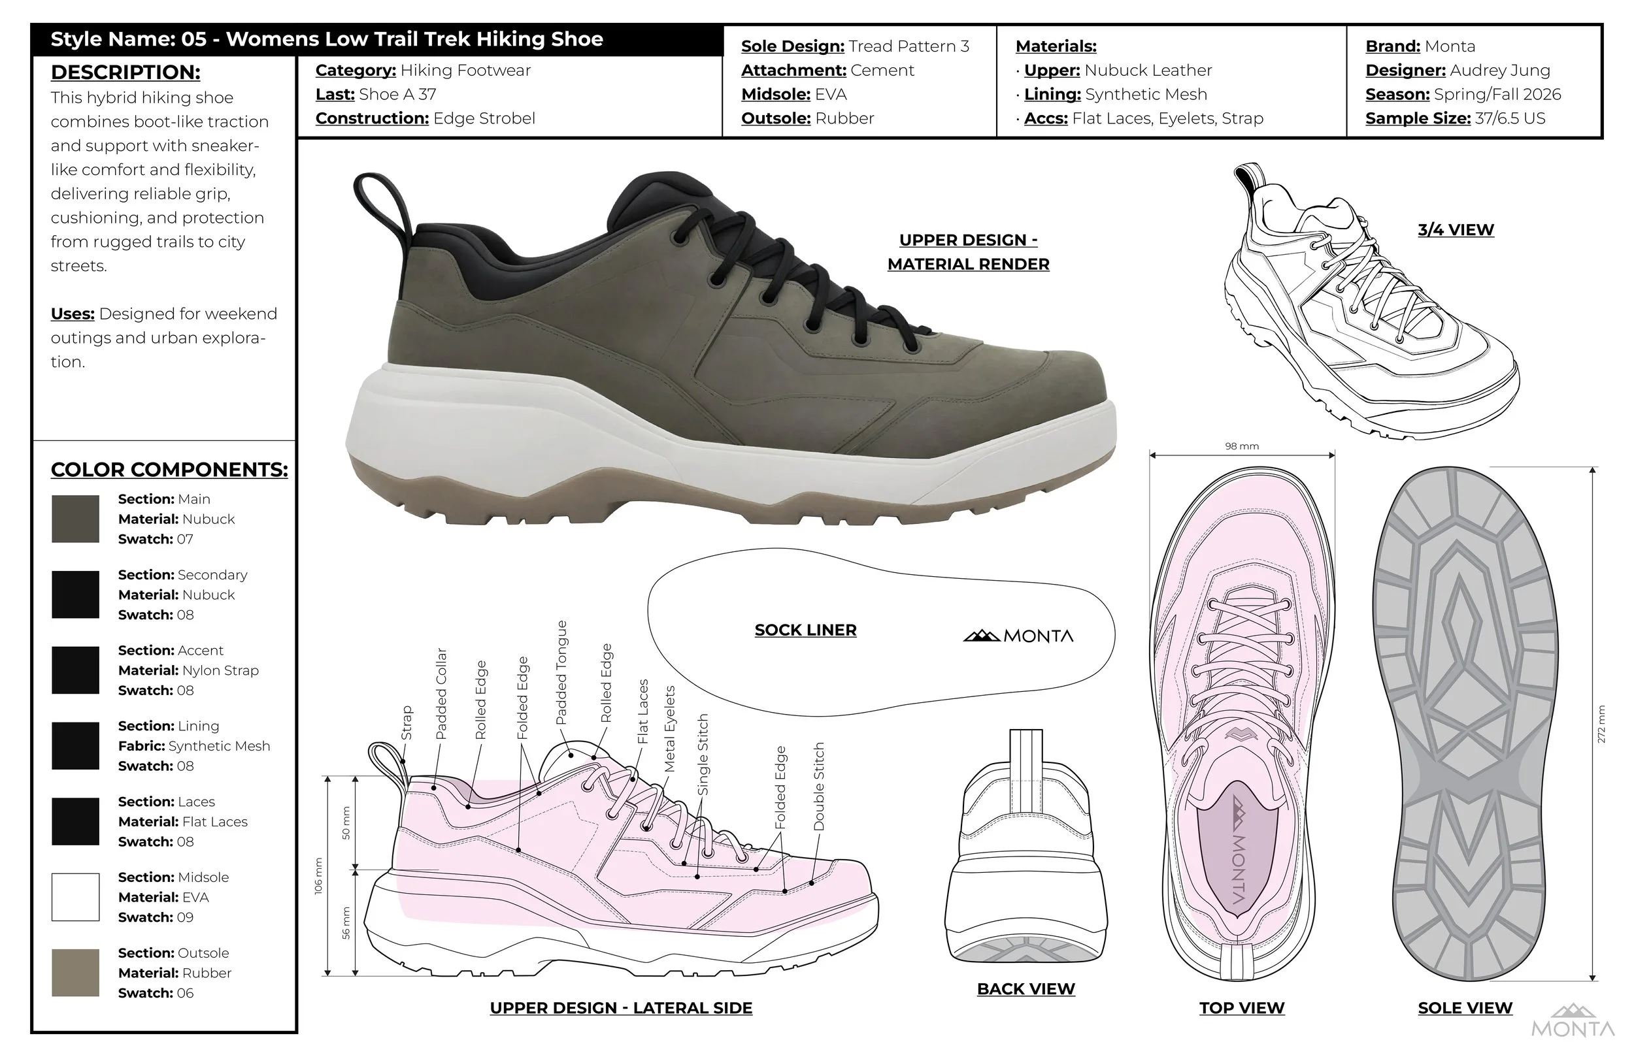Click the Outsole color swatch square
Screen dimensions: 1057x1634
pos(76,973)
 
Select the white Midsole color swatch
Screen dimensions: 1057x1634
pos(76,896)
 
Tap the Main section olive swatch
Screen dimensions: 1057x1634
pos(76,519)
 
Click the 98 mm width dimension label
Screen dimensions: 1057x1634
pos(1241,446)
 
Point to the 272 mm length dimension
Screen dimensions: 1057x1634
pos(1601,723)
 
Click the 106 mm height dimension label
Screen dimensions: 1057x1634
pos(318,876)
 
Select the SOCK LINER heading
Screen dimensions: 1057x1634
pos(805,630)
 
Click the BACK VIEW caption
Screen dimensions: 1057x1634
pos(1025,988)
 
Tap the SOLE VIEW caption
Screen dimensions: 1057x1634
pos(1465,1007)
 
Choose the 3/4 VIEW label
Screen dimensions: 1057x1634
pos(1456,230)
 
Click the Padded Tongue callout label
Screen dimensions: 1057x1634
pos(561,673)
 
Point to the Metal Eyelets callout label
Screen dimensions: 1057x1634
pos(670,728)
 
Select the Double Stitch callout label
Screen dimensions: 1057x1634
pos(818,787)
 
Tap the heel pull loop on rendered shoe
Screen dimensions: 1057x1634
pos(376,199)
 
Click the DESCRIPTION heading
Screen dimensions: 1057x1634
pos(125,72)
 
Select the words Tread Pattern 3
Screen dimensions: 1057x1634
pos(909,46)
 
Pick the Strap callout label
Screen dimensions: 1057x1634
pos(407,723)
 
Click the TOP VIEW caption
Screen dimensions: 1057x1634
pos(1241,1007)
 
